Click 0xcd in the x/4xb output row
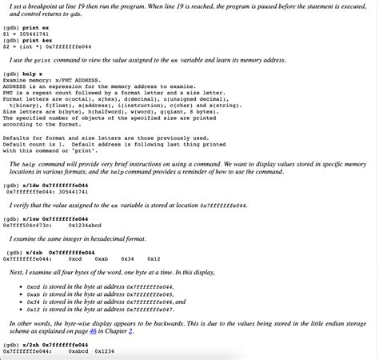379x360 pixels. pos(75,258)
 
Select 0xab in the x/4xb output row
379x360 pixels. pos(101,258)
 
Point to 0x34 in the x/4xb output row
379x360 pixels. pos(127,258)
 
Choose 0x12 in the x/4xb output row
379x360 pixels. pos(154,258)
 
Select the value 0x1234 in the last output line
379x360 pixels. pos(105,351)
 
